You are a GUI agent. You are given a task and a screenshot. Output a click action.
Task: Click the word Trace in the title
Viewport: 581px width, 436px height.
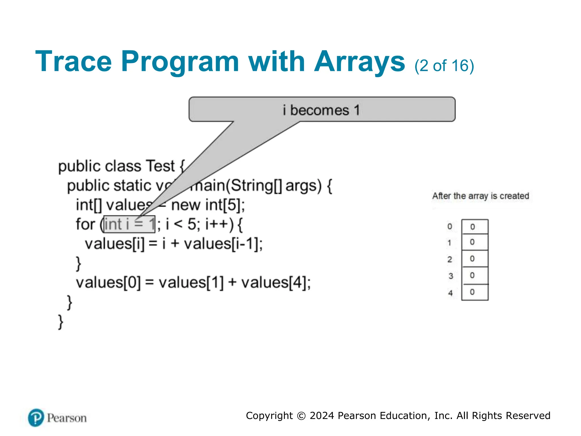(73, 61)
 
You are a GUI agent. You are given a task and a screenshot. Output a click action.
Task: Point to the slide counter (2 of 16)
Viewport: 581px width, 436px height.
(444, 66)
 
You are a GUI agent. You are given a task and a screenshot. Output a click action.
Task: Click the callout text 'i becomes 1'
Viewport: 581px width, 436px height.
(321, 110)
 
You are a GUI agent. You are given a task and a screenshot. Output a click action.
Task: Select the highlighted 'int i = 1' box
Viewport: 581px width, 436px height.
(129, 224)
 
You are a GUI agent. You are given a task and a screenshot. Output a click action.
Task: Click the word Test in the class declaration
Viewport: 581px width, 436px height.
(160, 166)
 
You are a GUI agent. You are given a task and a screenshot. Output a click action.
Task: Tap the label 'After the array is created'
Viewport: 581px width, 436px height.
(481, 196)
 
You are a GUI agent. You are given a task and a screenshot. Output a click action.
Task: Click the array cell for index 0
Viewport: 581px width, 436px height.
(475, 227)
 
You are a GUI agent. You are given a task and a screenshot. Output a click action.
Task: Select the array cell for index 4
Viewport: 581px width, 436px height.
(475, 292)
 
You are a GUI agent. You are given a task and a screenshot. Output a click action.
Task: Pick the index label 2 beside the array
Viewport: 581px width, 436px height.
(450, 259)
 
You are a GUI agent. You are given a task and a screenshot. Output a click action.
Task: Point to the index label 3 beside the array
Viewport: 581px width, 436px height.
(451, 276)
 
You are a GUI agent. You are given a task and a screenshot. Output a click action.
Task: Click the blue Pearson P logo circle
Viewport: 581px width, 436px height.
(36, 418)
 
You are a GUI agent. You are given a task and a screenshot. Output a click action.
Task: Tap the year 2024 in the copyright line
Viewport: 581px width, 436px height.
(322, 416)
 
